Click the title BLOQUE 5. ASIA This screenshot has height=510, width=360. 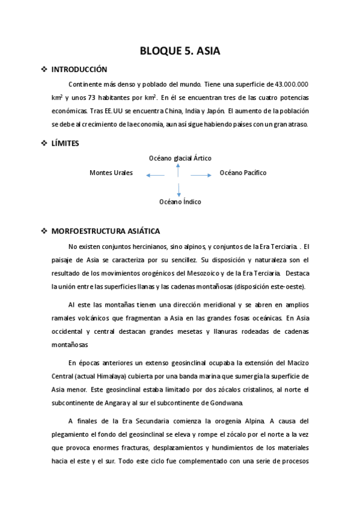click(180, 51)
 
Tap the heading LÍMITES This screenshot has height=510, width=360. click(66, 143)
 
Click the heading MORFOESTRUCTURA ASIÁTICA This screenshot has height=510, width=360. click(105, 231)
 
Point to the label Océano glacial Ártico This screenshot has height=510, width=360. click(180, 158)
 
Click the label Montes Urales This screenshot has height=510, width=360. click(111, 173)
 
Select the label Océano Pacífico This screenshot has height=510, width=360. click(243, 173)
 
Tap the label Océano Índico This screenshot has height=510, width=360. click(180, 202)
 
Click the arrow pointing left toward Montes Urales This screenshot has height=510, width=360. click(155, 175)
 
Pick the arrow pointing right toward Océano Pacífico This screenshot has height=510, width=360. click(201, 175)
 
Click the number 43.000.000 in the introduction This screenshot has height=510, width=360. click(291, 84)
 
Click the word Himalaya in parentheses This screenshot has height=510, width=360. click(120, 376)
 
